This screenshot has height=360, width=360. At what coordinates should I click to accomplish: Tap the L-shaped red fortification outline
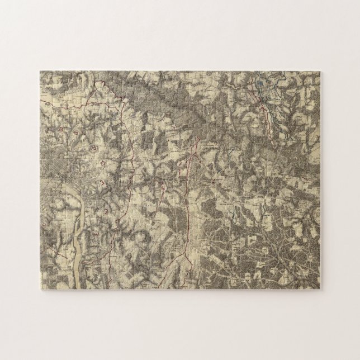tap(102, 183)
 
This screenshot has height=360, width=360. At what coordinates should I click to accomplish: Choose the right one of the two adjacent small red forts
tap(75, 134)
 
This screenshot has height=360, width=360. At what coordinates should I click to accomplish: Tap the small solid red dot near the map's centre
tap(215, 181)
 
